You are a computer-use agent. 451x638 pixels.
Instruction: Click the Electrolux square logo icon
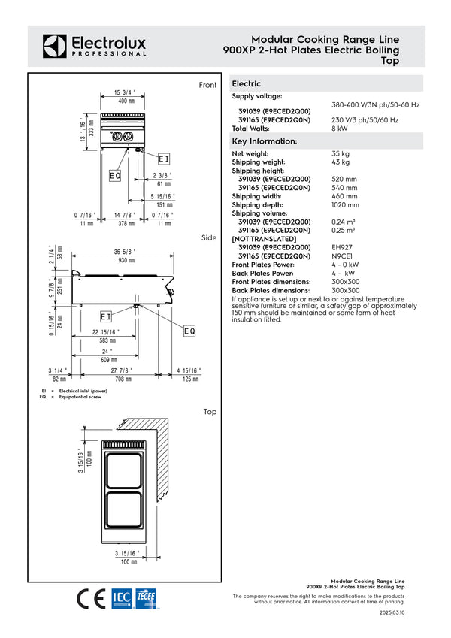point(55,46)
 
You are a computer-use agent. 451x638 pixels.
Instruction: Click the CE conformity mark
point(91,599)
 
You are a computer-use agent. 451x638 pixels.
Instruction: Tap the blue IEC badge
point(122,599)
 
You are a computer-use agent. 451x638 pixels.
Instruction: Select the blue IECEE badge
point(146,599)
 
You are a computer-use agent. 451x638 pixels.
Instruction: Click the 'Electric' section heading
point(247,84)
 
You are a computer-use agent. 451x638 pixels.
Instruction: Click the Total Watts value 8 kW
point(340,129)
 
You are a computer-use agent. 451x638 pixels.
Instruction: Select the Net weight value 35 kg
point(341,154)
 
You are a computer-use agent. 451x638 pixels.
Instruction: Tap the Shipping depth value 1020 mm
point(345,205)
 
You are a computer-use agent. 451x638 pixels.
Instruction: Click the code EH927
point(342,247)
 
